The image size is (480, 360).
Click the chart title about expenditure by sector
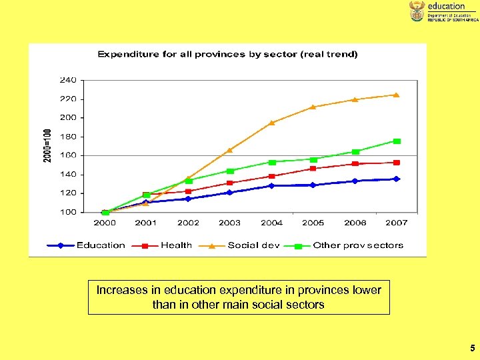pyautogui.click(x=227, y=55)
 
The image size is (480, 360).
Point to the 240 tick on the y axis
pyautogui.click(x=69, y=80)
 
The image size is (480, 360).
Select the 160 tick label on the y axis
pyautogui.click(x=69, y=155)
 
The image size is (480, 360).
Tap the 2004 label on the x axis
pyautogui.click(x=272, y=223)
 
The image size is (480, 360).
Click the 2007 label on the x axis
pyautogui.click(x=396, y=223)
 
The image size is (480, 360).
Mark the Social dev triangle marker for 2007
pyautogui.click(x=396, y=95)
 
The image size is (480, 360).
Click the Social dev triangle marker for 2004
pyautogui.click(x=272, y=123)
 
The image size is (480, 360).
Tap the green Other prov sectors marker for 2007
pyautogui.click(x=397, y=141)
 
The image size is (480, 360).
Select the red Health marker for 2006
pyautogui.click(x=355, y=163)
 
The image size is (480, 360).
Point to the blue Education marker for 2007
pyautogui.click(x=396, y=179)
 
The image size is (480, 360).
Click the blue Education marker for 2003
pyautogui.click(x=229, y=192)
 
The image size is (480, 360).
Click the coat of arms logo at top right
pyautogui.click(x=417, y=11)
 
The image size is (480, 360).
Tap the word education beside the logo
pyautogui.click(x=446, y=6)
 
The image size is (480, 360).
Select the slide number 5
pyautogui.click(x=472, y=347)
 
